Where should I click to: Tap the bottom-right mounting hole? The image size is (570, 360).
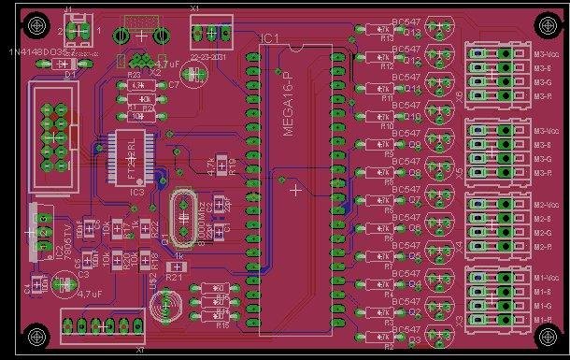coord(546,335)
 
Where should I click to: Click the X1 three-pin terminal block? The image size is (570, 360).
coord(212,35)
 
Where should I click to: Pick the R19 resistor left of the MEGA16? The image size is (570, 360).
coord(221,165)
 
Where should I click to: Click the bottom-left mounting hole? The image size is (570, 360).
coord(36,335)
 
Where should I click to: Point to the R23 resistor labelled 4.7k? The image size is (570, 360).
coord(138,85)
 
